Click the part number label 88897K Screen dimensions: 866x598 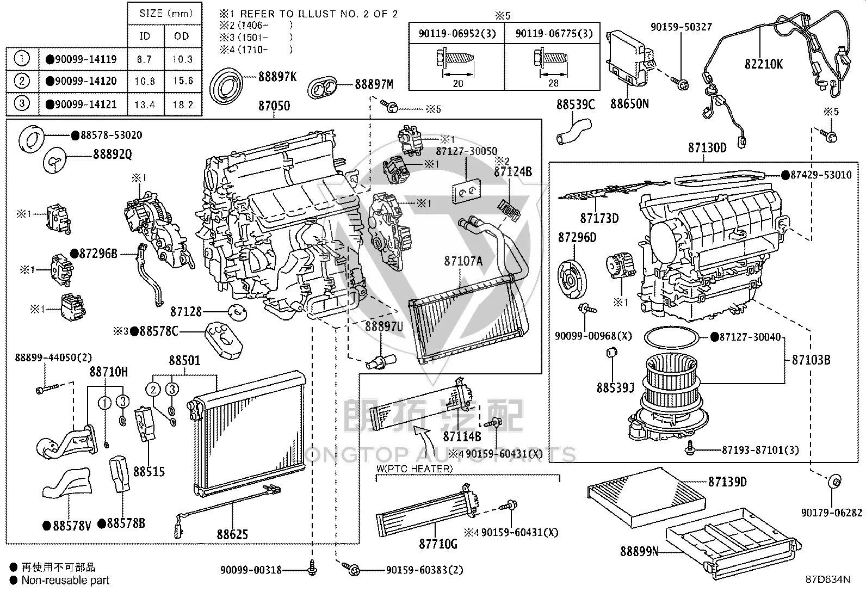pos(277,77)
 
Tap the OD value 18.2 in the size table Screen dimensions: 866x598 pos(183,104)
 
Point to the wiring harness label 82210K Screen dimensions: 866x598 pos(764,64)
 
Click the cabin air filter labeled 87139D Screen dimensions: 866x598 pos(646,497)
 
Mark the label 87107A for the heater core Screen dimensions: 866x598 pos(463,262)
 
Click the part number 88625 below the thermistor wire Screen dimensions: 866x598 pos(232,534)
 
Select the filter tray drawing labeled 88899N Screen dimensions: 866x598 pos(733,544)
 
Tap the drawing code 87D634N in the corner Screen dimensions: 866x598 pos(828,579)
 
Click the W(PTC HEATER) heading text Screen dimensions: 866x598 pos(415,468)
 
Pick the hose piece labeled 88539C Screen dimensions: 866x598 pos(574,132)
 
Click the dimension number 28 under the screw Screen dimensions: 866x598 pos(553,83)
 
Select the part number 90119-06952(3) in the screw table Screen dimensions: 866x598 pos(457,34)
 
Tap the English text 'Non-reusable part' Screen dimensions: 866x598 pos(65,580)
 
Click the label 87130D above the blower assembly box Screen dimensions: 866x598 pos(707,147)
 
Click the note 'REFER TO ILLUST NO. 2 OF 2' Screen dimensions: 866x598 pos(319,14)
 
